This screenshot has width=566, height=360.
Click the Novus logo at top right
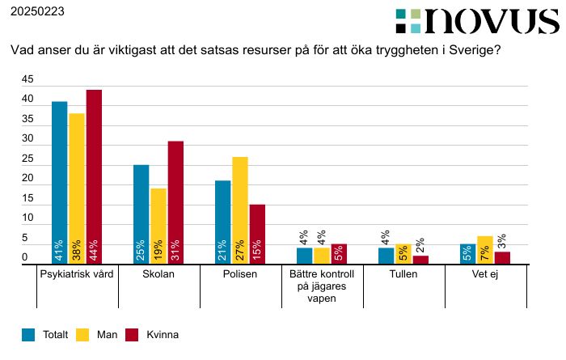pos(477,21)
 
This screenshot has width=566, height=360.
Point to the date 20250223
pos(36,12)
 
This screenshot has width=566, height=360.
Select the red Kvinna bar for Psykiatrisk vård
pos(94,176)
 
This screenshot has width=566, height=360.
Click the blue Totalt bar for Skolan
pos(141,214)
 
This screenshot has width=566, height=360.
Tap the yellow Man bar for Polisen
pos(239,210)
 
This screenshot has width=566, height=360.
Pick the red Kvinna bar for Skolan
pos(175,201)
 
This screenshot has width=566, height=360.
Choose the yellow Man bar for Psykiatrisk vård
pos(77,188)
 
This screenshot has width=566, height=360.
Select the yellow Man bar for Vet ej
pos(485,249)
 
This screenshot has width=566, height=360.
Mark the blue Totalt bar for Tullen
pos(386,255)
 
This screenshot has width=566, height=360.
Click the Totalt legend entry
pos(47,334)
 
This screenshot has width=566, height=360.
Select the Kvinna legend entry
pos(153,334)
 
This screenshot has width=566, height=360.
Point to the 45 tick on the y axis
pos(27,80)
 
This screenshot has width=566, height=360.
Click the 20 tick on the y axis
pos(27,179)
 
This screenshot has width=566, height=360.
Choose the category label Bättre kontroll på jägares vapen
pos(322,286)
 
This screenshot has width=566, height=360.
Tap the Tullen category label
pos(403,274)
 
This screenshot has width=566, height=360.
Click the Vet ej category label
pos(485,274)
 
